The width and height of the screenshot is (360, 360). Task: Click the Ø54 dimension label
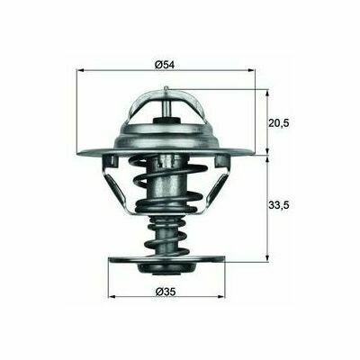click(165, 65)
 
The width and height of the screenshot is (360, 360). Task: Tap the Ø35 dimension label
click(166, 292)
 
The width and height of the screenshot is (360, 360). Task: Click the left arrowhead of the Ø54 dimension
click(80, 70)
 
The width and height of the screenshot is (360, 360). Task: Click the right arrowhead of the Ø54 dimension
click(252, 70)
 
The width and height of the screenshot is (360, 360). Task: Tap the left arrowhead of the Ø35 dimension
click(112, 297)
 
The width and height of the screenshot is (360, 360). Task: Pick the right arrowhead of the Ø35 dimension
click(221, 297)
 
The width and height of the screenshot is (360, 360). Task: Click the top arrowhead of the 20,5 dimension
click(267, 93)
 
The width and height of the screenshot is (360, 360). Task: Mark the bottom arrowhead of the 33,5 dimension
click(267, 257)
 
